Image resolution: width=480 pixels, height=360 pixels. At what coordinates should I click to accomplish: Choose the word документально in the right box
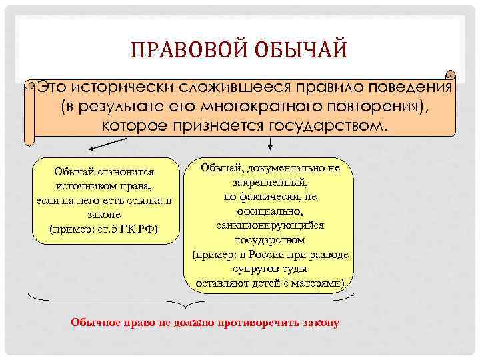(x=287, y=168)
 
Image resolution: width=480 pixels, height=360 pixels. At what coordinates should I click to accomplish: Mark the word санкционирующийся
(x=270, y=225)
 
